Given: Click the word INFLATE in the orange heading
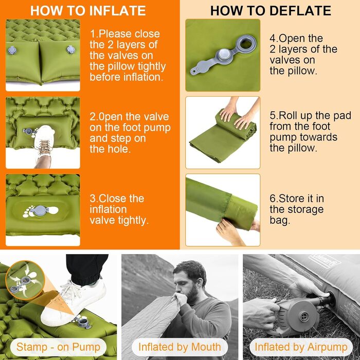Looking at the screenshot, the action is point(117,11).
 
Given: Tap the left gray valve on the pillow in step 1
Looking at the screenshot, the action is point(12,50).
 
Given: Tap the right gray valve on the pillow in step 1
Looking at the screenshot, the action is point(70,49).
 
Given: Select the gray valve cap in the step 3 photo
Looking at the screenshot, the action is point(40,211).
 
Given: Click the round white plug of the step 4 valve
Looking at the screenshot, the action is point(224,55).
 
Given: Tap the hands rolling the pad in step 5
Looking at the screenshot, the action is point(239,114).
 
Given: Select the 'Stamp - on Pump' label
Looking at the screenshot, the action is point(58,347).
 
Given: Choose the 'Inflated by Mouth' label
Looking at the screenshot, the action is point(179,347).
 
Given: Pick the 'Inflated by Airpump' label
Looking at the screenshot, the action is point(301,347).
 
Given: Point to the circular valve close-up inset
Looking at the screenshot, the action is point(25,280).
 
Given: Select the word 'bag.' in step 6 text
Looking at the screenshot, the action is point(280,220).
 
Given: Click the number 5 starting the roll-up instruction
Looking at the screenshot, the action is point(273,116).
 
